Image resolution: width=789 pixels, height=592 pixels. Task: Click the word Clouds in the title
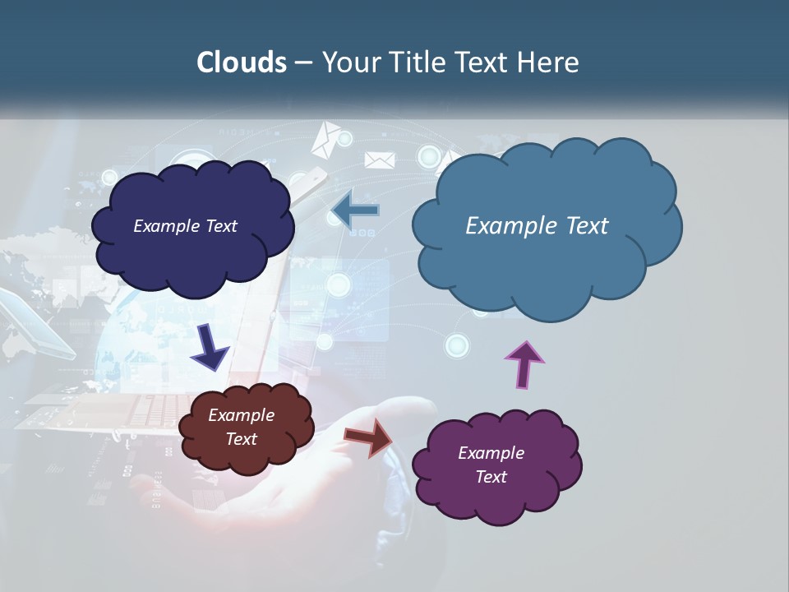[241, 62]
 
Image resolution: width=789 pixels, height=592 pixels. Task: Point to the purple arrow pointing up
[524, 364]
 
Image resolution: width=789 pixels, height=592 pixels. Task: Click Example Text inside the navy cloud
[185, 226]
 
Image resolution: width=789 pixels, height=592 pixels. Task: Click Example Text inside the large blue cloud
[537, 226]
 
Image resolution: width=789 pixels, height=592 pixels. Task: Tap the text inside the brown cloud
[242, 427]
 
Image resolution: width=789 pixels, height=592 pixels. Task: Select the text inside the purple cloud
[491, 465]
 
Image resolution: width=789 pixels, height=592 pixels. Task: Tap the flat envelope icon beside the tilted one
[379, 160]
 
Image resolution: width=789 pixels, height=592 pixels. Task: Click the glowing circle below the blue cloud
[457, 345]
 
